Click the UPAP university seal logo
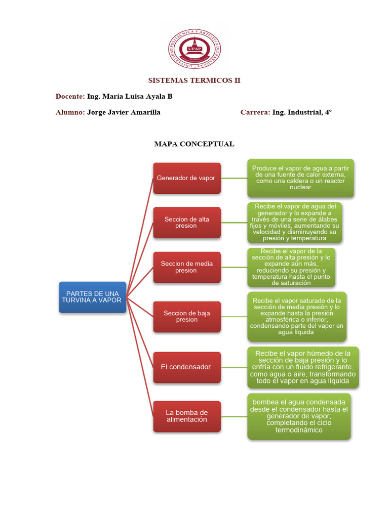click(x=194, y=50)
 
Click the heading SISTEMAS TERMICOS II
click(x=194, y=80)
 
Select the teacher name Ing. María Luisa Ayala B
click(x=130, y=96)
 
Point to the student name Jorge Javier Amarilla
click(x=124, y=112)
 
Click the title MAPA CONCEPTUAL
click(x=194, y=144)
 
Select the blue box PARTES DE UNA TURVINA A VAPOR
click(x=93, y=297)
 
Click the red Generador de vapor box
click(x=187, y=178)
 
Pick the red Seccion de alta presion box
click(x=187, y=223)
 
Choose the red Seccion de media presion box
click(x=187, y=267)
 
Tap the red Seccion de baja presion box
click(x=187, y=316)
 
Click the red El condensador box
click(x=187, y=367)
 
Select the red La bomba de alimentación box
click(x=187, y=416)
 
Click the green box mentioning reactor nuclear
click(x=300, y=178)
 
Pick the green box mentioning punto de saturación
click(x=291, y=267)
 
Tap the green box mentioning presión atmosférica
click(x=297, y=316)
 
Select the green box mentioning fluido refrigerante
click(x=303, y=367)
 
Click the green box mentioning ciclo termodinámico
click(x=299, y=416)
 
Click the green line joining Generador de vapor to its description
click(x=234, y=178)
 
